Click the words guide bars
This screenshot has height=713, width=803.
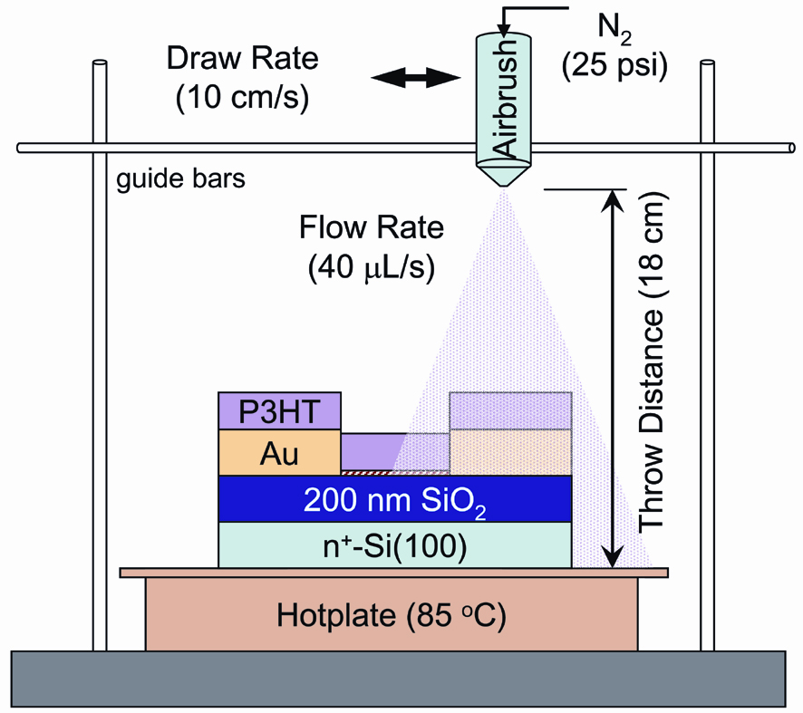point(181,178)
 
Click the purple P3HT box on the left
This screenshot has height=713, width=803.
point(279,410)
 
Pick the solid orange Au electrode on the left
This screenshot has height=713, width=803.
point(279,451)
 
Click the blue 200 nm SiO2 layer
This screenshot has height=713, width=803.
point(395,499)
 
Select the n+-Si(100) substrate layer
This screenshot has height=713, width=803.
point(395,545)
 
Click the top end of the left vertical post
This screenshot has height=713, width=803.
point(100,66)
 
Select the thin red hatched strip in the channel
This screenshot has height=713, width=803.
point(366,472)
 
